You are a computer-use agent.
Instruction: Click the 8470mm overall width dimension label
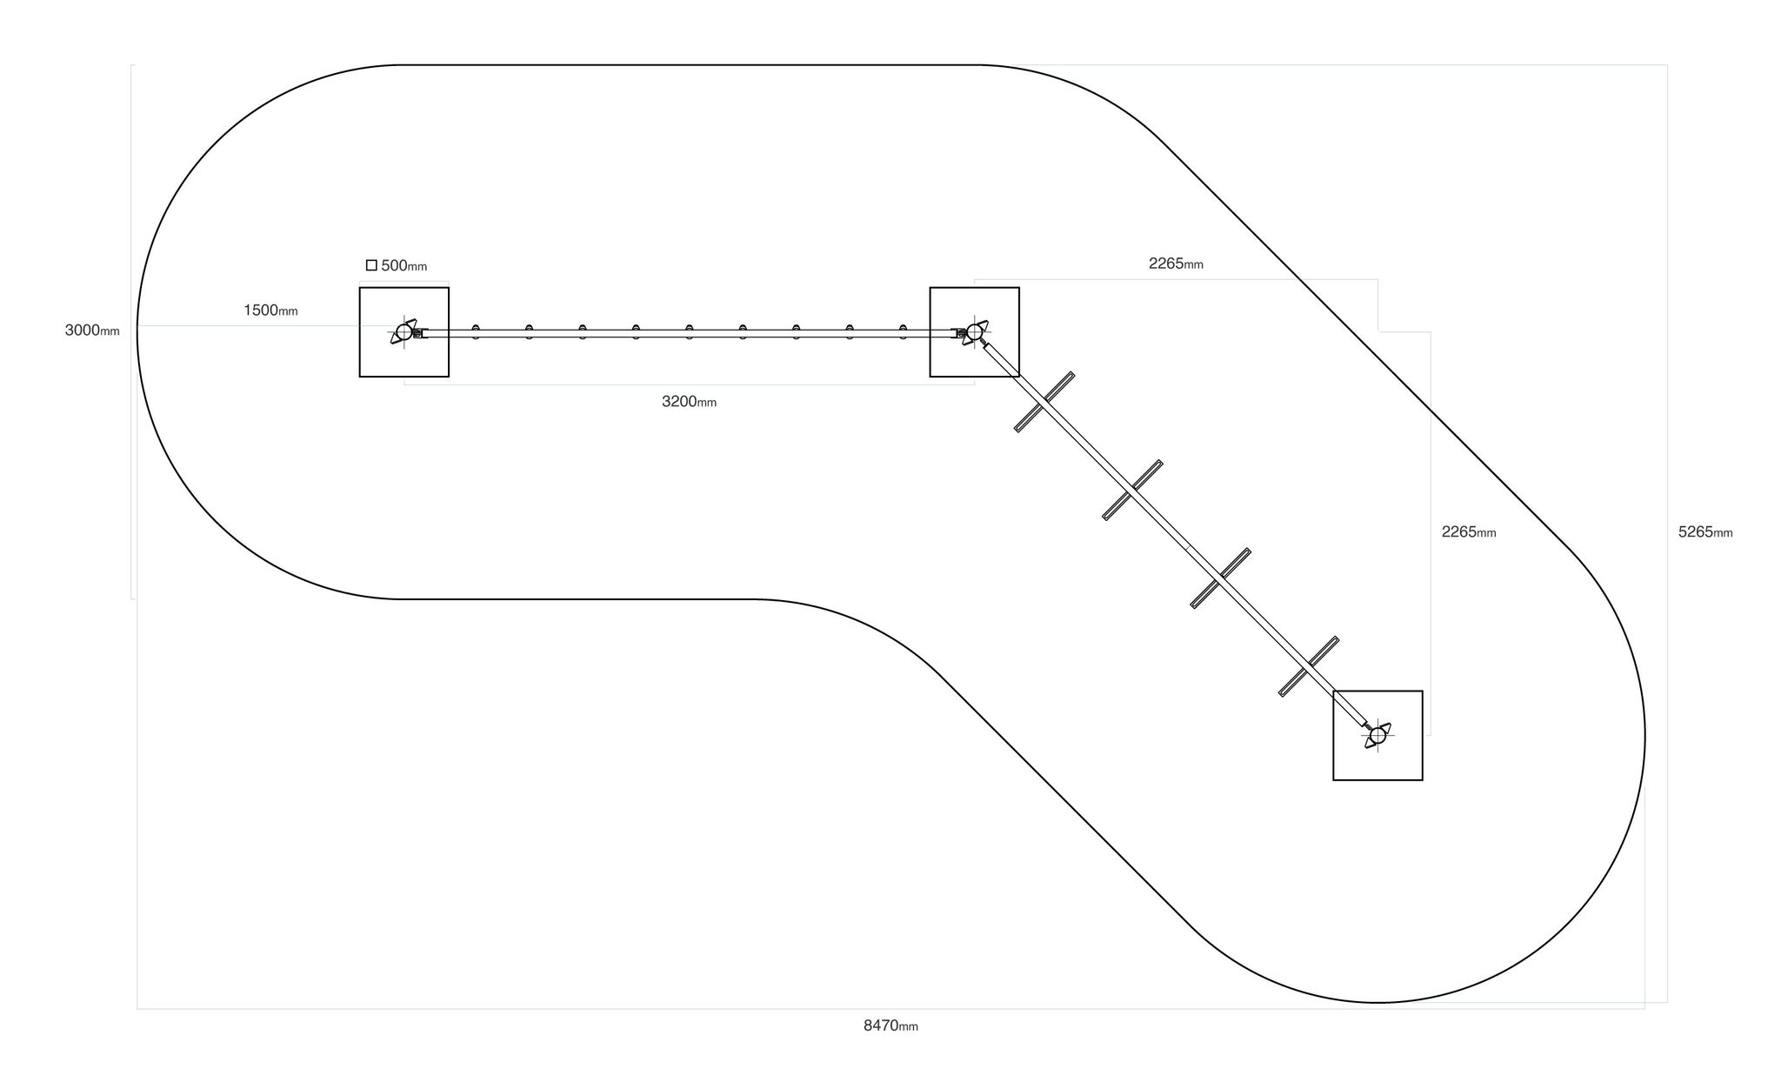coord(890,1026)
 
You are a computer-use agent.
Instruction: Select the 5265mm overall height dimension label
coord(1705,532)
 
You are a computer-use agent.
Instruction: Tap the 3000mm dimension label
coord(92,331)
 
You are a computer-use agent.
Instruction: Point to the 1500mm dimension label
coord(270,311)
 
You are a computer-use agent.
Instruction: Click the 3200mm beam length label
coord(689,402)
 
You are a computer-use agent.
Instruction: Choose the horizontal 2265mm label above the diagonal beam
coord(1176,264)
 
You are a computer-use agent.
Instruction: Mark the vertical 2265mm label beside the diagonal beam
coord(1469,532)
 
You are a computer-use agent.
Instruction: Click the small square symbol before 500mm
coord(371,265)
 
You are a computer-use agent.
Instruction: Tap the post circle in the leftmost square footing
coord(404,332)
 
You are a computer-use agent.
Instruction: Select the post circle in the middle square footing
coord(974,331)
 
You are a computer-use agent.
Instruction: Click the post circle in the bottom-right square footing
coord(1377,736)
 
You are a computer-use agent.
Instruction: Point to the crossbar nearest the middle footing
coord(1044,402)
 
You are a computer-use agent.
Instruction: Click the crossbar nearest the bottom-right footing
coord(1309,666)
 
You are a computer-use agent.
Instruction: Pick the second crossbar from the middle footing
coord(1132,490)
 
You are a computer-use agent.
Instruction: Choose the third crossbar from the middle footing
coord(1221,578)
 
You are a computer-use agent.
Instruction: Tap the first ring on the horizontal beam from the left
coord(476,331)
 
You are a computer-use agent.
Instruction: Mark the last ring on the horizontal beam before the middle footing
coord(903,331)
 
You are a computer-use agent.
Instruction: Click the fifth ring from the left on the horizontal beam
coord(689,331)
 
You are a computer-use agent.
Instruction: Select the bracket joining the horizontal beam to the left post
coord(419,333)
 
